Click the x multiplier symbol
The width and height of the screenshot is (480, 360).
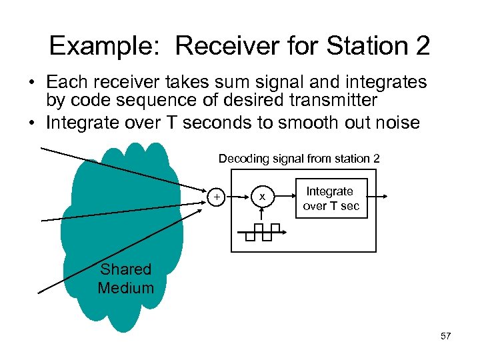point(262,197)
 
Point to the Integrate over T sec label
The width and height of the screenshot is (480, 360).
point(331,199)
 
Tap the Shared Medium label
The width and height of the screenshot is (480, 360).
point(125,279)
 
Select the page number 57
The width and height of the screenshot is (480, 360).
point(445,336)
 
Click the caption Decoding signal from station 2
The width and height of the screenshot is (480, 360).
point(299,159)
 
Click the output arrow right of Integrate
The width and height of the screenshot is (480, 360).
point(377,197)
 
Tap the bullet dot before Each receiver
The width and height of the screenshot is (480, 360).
point(32,83)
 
